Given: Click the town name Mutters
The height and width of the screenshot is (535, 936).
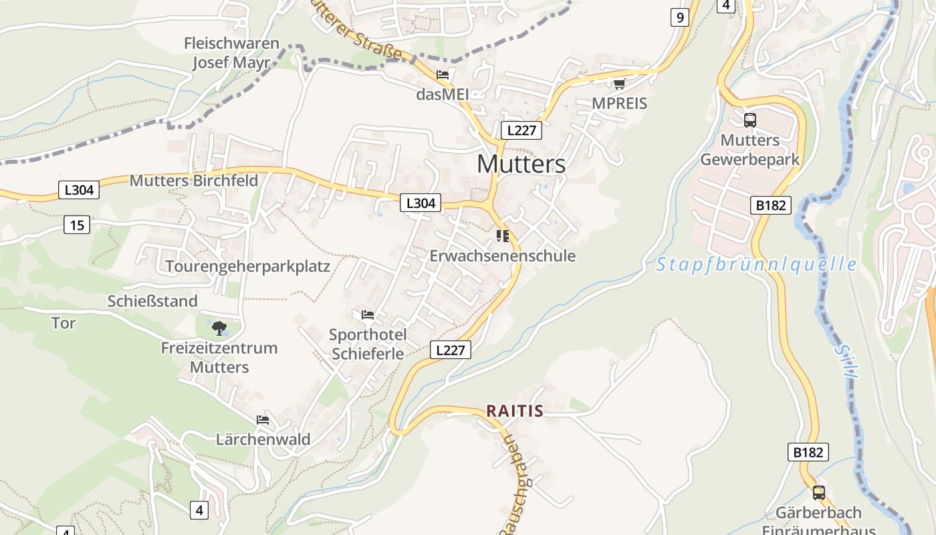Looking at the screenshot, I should coord(521,164).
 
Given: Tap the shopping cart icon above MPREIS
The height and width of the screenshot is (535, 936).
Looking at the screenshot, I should coord(619,84).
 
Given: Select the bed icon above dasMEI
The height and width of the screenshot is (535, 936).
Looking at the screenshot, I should coord(442,74).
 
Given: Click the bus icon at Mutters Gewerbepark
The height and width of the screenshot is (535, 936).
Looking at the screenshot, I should coord(750,120).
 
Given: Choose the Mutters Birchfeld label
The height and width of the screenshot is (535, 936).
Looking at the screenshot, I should coord(194,181).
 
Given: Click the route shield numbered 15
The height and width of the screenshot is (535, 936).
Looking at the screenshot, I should coord(77,225).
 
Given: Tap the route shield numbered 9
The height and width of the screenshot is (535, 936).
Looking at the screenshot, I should coord(679,17).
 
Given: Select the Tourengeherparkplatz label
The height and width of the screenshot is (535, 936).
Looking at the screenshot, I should coord(247,266).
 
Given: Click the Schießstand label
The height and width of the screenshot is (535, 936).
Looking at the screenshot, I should coord(152,301).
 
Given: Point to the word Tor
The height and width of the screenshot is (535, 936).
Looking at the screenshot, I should coord(64,323).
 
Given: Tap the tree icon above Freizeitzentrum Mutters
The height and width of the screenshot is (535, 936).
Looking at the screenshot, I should coord(219,328).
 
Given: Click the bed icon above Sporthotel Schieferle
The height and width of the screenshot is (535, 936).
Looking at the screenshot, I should coord(367,314).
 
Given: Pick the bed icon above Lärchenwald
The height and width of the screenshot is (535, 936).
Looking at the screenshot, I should coord(263,420).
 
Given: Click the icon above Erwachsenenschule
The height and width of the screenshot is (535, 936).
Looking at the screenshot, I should coord(502,235).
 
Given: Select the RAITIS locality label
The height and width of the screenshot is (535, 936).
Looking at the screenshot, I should coord(514,411).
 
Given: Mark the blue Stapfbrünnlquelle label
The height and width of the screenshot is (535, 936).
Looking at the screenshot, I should coord(755,265).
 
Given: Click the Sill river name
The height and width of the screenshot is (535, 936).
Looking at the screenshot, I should coord(845,361).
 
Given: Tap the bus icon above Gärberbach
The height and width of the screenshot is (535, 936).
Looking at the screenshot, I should coord(818,493).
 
